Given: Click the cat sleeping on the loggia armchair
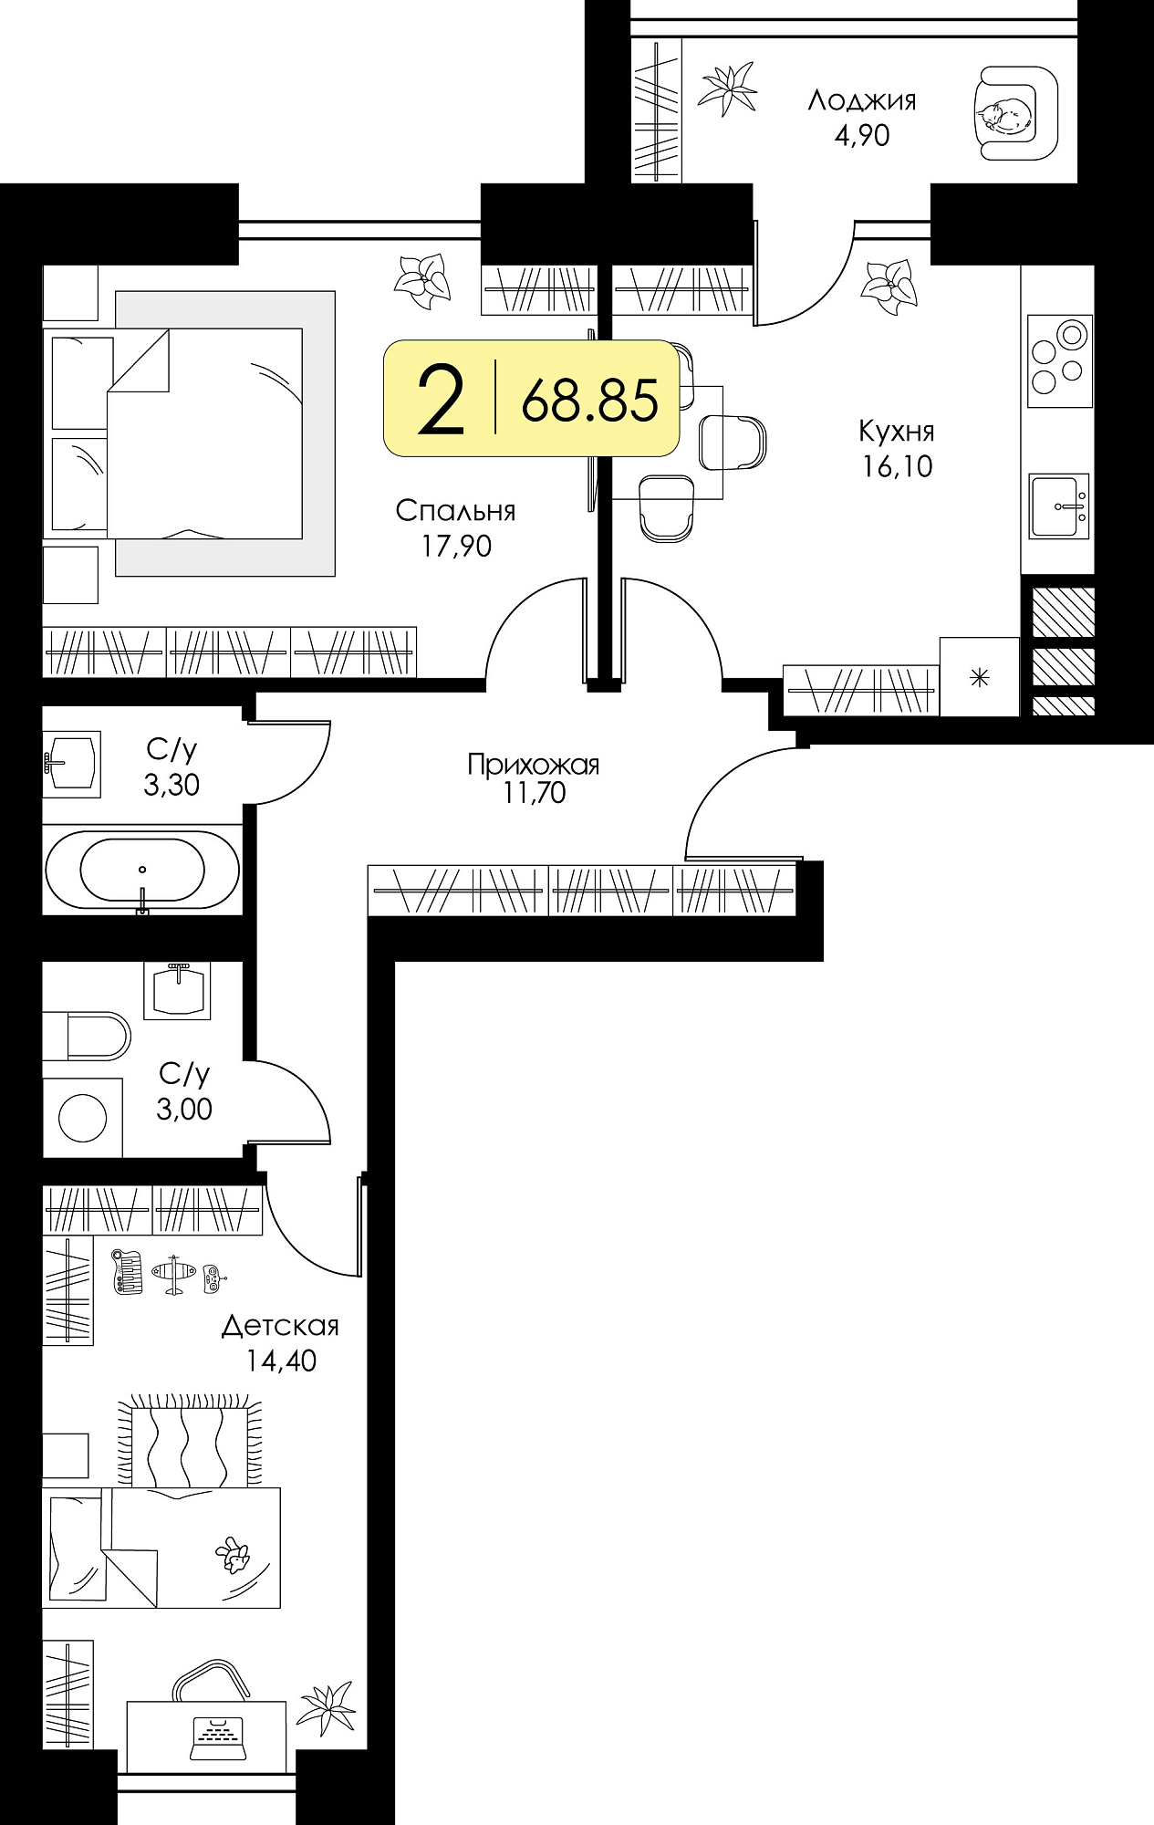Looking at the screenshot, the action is coord(1004,113).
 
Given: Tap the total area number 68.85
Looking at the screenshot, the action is coord(589,400).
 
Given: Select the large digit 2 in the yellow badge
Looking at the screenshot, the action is coord(441,398).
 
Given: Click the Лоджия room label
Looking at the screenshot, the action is coord(862,99).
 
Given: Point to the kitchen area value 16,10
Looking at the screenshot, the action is coord(898,466).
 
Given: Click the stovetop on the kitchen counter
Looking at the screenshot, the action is coord(1059,361).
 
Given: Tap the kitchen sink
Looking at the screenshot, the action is coord(1059,506).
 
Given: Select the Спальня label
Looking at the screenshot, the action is coord(455,511).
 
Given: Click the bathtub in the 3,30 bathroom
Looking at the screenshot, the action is coord(142,871).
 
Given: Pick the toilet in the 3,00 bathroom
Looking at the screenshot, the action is coord(87,1036).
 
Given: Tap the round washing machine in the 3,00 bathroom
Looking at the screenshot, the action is coord(82,1118).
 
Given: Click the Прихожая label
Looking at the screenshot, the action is coord(534,764).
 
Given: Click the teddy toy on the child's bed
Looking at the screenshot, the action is coord(234,1555).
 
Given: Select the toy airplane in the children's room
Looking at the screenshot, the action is coord(173,1274).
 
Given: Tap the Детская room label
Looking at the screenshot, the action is coord(280,1326).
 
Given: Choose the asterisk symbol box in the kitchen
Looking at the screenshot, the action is coord(980,677).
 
